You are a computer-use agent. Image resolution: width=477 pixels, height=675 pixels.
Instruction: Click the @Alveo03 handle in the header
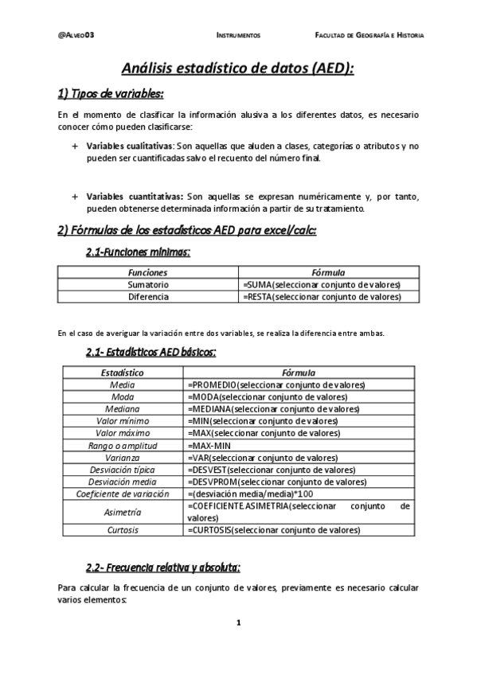pos(76,36)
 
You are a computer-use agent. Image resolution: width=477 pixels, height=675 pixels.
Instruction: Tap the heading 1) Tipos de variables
pos(111,94)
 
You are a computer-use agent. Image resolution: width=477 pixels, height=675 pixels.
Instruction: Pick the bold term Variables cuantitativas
pos(133,197)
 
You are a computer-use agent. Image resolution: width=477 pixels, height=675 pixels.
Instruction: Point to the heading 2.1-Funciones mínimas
pos(137,252)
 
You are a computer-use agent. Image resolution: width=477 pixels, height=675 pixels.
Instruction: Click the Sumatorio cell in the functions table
pos(148,285)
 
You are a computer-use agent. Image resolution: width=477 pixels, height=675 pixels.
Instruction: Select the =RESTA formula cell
pos(321,297)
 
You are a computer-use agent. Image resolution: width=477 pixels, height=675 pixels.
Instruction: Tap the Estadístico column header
pos(123,373)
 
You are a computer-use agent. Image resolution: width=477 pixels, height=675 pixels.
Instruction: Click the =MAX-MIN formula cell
pos(209,446)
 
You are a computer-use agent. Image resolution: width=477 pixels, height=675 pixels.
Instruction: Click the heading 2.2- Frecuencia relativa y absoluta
pos(162,567)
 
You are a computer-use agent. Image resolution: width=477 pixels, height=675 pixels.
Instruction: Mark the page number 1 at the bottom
pos(238,622)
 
